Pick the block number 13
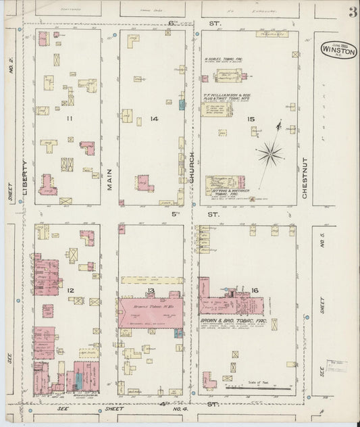(151, 291)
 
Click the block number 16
(254, 291)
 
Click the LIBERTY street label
(25, 178)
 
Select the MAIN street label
(108, 177)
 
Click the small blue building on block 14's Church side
(182, 105)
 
